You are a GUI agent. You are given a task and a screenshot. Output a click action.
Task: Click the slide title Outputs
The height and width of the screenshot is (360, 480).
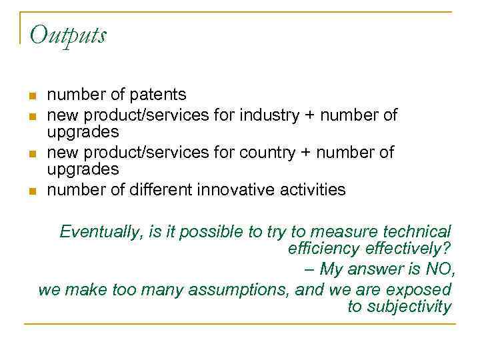click(x=68, y=34)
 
